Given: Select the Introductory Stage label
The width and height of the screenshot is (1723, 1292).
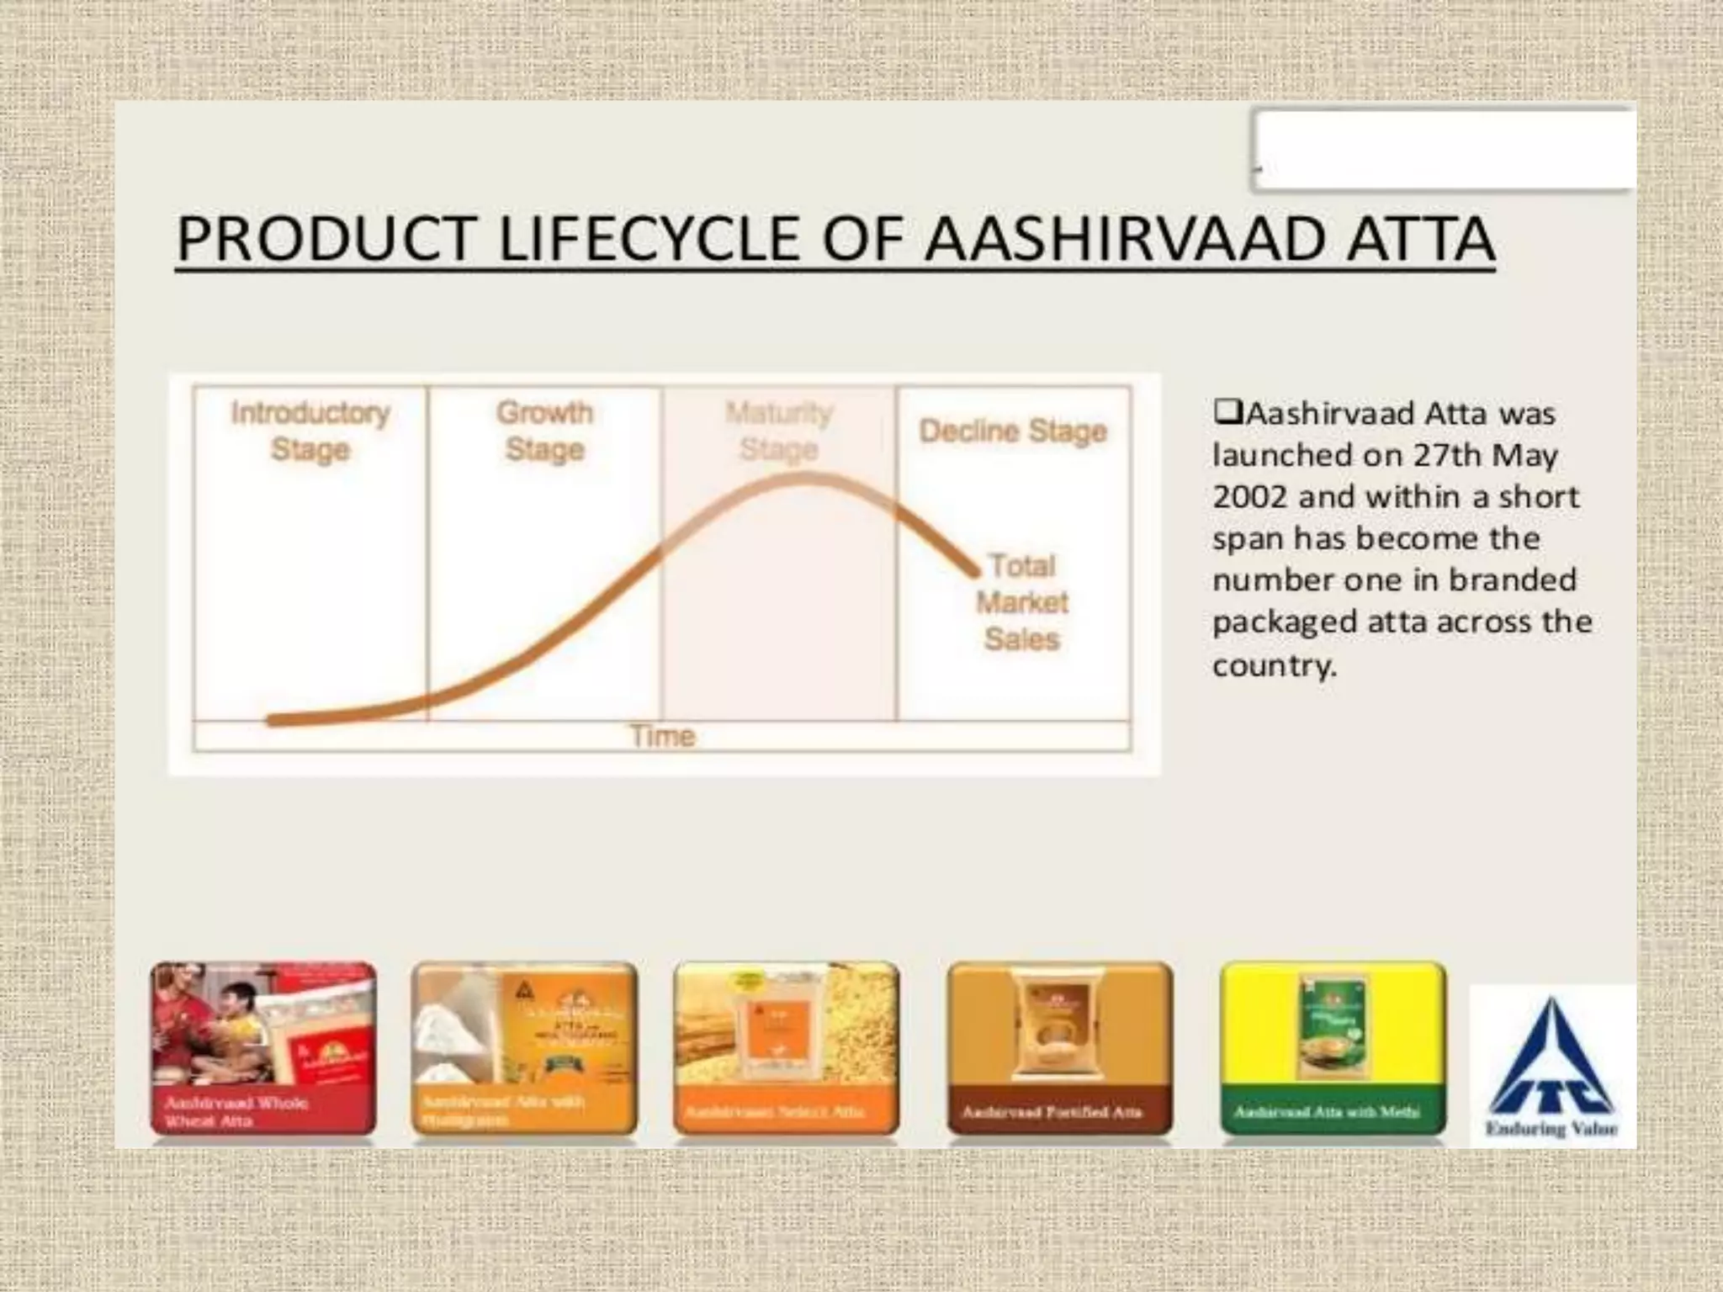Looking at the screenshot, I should tap(310, 431).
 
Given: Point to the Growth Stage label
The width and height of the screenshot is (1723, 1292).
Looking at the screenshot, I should tap(544, 431).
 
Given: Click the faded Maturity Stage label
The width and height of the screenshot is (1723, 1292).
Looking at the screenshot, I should tap(779, 431).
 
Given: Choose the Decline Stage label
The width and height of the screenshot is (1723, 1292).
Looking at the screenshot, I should tap(1013, 431).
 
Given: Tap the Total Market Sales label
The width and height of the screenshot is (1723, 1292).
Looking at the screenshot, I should tap(1021, 602).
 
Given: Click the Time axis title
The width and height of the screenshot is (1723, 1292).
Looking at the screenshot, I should tap(663, 736).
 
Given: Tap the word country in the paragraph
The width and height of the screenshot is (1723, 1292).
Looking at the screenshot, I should tap(1274, 665).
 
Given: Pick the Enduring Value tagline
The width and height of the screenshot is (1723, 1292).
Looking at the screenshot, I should tap(1552, 1129).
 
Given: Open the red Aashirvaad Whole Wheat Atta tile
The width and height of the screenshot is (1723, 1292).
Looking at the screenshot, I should tap(263, 1048).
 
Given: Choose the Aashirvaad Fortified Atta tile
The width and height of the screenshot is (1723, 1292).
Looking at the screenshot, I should tap(1059, 1048).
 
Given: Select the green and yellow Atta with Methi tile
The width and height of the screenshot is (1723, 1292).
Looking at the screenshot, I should tap(1333, 1048).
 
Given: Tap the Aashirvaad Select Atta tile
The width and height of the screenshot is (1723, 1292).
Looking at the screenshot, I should tap(787, 1048).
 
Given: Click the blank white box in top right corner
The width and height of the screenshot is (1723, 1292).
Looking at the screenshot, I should tap(1444, 150).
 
